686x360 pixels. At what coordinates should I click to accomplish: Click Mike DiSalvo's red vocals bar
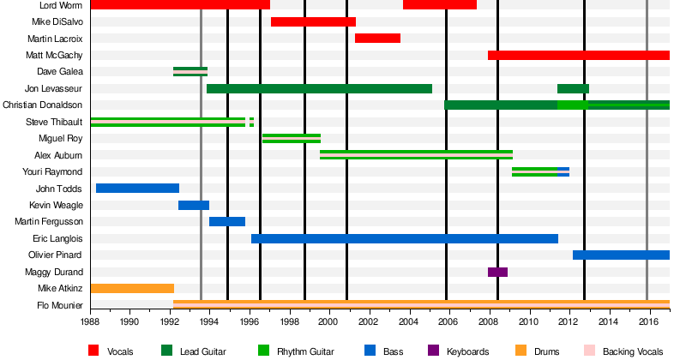[x=313, y=21]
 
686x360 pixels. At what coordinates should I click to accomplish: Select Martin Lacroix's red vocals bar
[x=377, y=38]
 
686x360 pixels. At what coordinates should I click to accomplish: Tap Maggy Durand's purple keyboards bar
[x=497, y=272]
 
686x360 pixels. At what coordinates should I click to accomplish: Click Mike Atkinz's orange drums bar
[x=132, y=289]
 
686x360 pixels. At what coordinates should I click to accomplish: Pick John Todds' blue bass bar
[x=137, y=189]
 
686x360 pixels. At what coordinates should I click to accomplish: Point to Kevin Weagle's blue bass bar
[x=194, y=205]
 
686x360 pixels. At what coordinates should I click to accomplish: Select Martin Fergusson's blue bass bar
[x=227, y=222]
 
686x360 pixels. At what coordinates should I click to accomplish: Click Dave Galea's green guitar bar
[x=190, y=71]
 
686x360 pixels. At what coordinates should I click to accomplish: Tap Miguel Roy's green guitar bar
[x=292, y=138]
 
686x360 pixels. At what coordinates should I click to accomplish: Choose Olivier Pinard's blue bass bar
[x=621, y=255]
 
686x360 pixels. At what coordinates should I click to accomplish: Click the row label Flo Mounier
[x=60, y=305]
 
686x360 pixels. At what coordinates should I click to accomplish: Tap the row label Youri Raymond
[x=58, y=171]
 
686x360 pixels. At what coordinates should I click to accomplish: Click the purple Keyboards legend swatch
[x=432, y=351]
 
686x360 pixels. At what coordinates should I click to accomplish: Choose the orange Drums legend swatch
[x=521, y=351]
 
